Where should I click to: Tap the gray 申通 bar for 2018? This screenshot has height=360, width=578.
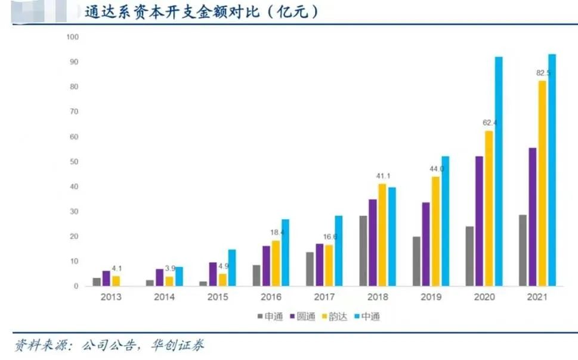(363, 251)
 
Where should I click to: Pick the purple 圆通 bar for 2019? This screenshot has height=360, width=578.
(425, 244)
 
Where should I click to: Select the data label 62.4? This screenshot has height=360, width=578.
(489, 123)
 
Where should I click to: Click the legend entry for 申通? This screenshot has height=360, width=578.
(271, 316)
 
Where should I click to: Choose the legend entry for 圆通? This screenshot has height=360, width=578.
(303, 316)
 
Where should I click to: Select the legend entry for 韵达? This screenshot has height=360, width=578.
(335, 316)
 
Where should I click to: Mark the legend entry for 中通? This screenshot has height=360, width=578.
(366, 316)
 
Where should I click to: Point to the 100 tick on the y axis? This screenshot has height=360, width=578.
(72, 37)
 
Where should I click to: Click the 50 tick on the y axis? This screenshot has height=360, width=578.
(74, 162)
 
